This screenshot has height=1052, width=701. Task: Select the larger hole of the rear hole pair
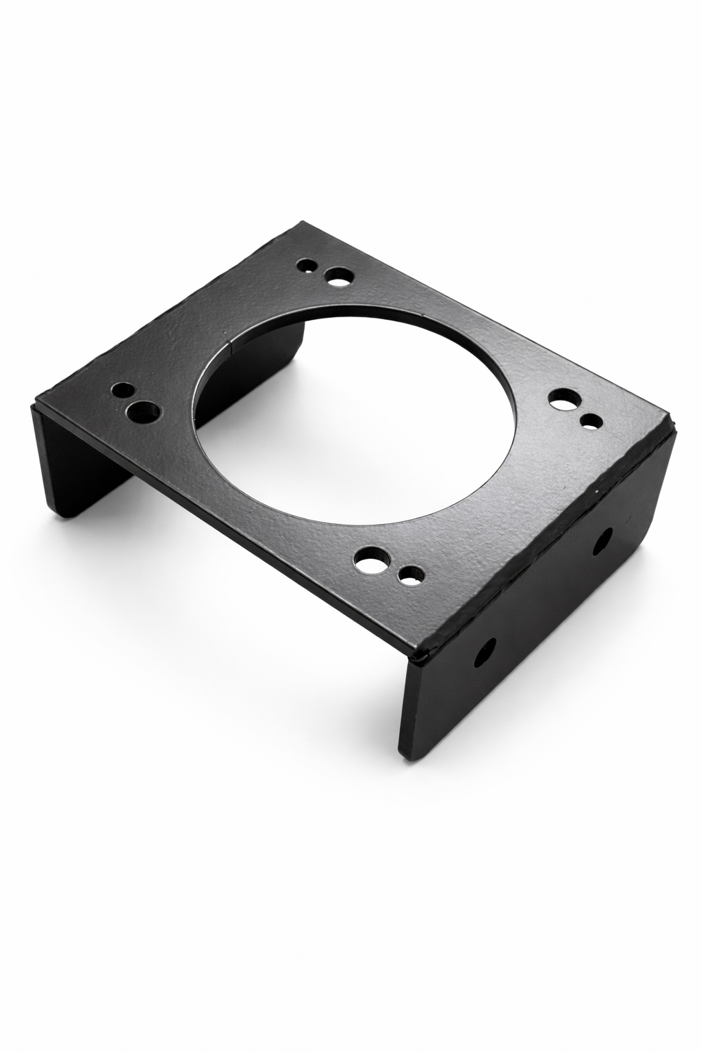(337, 277)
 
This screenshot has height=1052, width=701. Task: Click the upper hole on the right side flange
(603, 541)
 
